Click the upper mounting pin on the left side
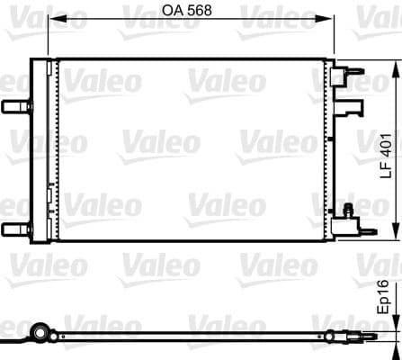pyautogui.click(x=13, y=107)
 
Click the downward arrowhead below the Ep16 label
pyautogui.click(x=394, y=325)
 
